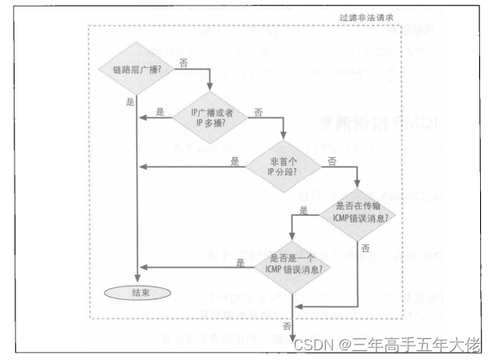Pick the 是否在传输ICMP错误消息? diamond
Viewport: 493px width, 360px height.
pyautogui.click(x=359, y=213)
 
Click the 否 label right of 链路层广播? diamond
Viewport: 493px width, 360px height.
pyautogui.click(x=183, y=61)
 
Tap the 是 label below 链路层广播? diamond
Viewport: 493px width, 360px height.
pyautogui.click(x=130, y=102)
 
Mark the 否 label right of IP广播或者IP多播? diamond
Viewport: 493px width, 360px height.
pyautogui.click(x=258, y=111)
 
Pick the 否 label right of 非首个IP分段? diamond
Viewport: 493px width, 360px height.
pyautogui.click(x=331, y=161)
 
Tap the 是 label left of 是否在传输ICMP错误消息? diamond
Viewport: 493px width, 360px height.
pyautogui.click(x=304, y=210)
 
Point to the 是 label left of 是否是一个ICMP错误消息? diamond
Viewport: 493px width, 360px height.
pyautogui.click(x=240, y=261)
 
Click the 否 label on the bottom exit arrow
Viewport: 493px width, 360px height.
pyautogui.click(x=287, y=324)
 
